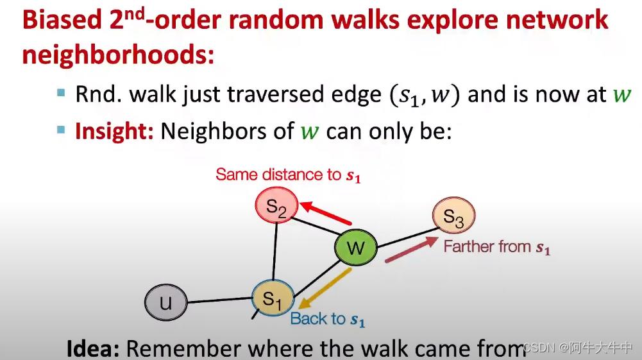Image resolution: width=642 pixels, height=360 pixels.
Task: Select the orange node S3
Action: [x=453, y=219]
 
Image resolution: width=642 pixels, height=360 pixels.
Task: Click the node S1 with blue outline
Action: [x=272, y=298]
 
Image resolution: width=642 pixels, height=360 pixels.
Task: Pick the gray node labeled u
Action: [x=165, y=302]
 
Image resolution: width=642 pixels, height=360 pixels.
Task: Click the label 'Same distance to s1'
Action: [x=288, y=175]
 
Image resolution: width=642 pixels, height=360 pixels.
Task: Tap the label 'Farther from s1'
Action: [x=496, y=246]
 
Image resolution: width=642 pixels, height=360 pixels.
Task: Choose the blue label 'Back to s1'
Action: [x=327, y=319]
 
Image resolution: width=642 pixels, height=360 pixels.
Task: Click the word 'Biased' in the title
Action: [x=58, y=21]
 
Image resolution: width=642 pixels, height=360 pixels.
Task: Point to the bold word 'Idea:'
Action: [x=93, y=348]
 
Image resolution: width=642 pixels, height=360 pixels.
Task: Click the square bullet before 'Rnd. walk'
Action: [x=61, y=93]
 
